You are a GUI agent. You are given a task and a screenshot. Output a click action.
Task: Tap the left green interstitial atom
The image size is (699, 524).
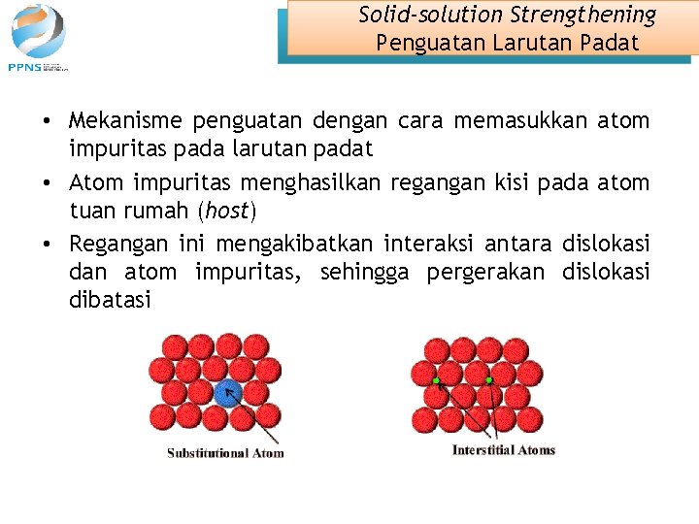tap(436, 379)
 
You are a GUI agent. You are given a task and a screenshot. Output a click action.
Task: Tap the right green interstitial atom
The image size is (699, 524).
tap(489, 379)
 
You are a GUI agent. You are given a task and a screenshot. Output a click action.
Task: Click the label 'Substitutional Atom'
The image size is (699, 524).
tap(225, 453)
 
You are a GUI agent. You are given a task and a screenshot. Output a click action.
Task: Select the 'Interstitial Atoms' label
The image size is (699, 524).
tap(504, 450)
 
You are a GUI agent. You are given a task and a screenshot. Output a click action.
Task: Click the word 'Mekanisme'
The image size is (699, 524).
tap(124, 121)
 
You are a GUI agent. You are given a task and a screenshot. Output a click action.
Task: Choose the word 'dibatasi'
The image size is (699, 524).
tap(110, 301)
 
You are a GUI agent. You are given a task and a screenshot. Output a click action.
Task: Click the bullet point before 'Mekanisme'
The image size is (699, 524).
tap(47, 122)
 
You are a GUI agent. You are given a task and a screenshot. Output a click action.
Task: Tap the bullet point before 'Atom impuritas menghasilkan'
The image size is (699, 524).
tap(47, 182)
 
